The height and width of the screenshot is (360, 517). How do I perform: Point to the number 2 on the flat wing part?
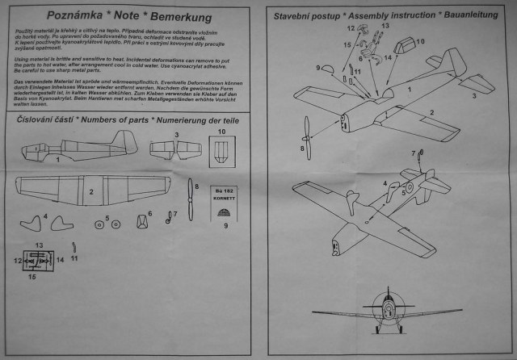point(91,191)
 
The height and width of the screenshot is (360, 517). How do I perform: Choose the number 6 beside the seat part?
point(149,214)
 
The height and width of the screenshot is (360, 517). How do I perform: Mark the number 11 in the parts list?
point(74,258)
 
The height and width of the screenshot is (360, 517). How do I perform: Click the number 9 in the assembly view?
point(318,67)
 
